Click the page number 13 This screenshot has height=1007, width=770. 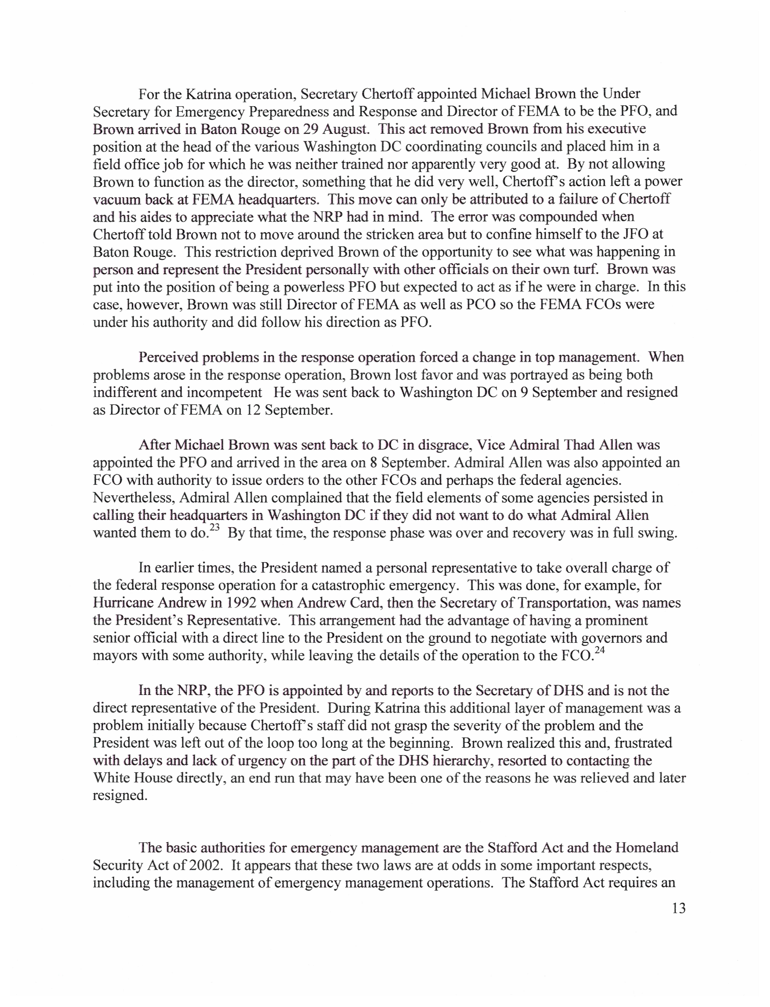click(x=678, y=908)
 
